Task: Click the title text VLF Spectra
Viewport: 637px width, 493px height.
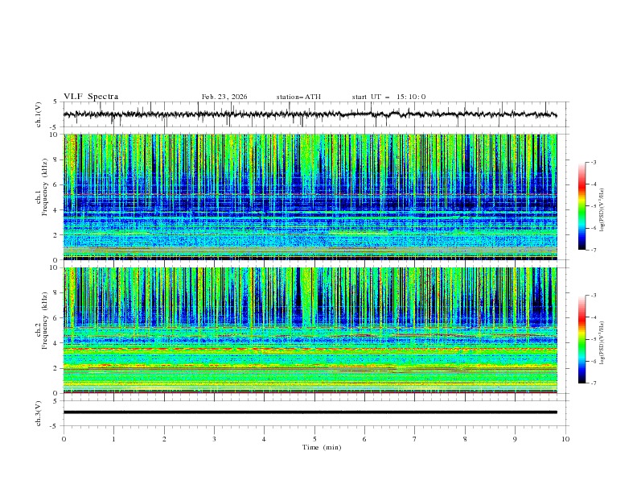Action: click(x=91, y=97)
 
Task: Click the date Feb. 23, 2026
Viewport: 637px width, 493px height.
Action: click(x=224, y=97)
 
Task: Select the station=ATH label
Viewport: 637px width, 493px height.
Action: click(x=298, y=97)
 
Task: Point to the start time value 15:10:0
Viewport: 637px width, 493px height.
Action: click(x=411, y=97)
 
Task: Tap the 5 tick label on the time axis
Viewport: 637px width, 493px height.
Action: click(x=314, y=438)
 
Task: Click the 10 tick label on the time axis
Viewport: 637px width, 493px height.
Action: click(x=565, y=438)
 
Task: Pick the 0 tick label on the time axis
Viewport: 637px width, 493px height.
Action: click(x=64, y=438)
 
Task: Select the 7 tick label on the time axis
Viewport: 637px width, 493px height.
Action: click(x=415, y=438)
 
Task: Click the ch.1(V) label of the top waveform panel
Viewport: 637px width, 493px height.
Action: click(x=39, y=115)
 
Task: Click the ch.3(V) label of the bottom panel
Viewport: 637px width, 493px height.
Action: click(x=39, y=412)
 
